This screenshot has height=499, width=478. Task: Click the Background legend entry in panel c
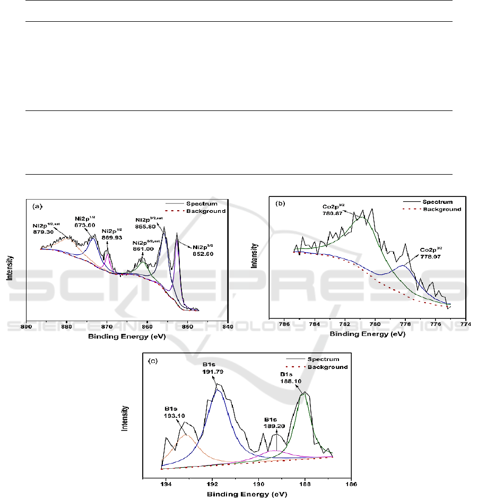coord(329,367)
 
